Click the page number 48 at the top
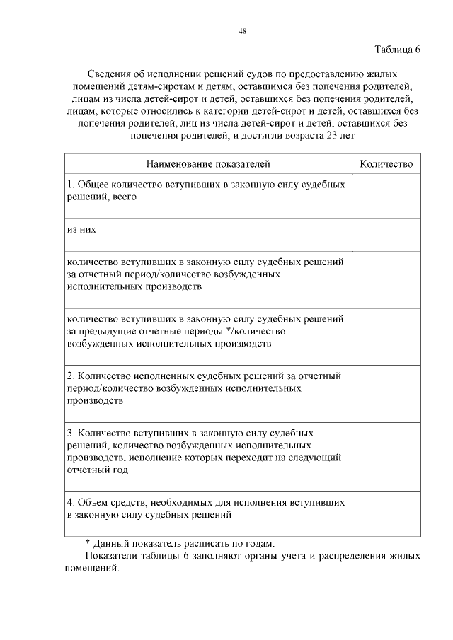click(243, 31)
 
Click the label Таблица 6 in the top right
click(397, 50)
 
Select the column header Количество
click(386, 163)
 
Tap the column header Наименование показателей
click(208, 163)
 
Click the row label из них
click(81, 230)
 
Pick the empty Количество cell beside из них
click(386, 235)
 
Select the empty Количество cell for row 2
click(386, 392)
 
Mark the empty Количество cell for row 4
click(386, 514)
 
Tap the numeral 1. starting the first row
click(70, 185)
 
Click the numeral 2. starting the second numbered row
click(70, 376)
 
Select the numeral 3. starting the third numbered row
click(70, 433)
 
